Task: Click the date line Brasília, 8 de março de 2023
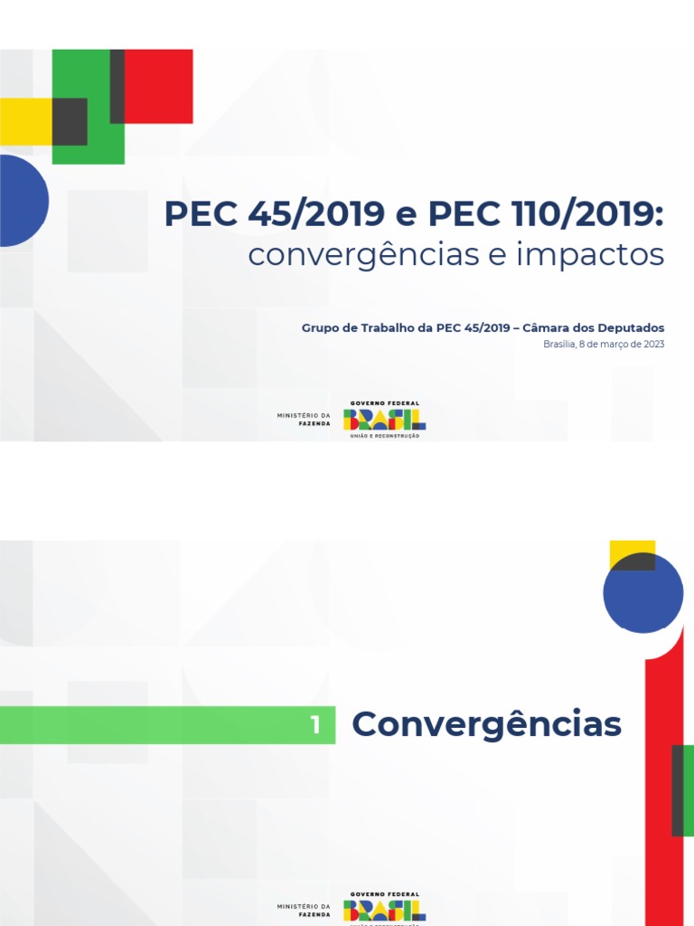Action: click(604, 345)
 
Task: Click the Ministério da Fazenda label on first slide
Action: click(304, 419)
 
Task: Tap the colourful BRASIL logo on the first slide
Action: click(384, 419)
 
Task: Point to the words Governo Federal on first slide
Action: click(384, 403)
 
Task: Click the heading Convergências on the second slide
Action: click(486, 724)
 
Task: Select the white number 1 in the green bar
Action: click(315, 725)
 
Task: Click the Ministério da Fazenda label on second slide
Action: click(304, 910)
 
